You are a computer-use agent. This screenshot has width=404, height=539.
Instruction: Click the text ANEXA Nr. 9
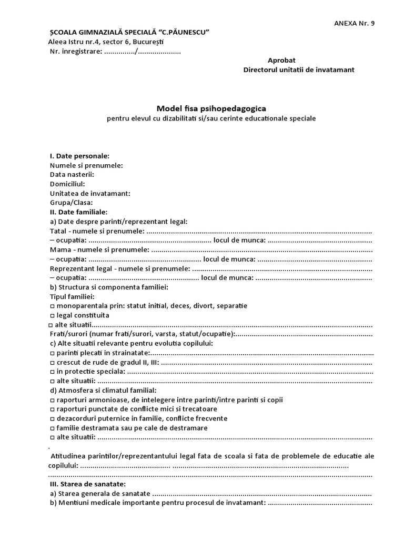click(x=355, y=23)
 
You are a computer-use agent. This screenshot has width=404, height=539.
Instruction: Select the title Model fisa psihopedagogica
click(x=210, y=108)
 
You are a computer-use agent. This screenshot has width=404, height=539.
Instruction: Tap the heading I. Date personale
click(x=79, y=156)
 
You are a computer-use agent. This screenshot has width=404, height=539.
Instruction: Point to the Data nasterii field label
click(x=72, y=175)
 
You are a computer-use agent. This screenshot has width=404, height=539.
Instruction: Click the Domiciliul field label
click(x=67, y=184)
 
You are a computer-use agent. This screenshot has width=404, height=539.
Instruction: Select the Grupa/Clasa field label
click(x=71, y=203)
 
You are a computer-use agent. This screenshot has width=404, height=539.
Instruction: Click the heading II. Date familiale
click(x=78, y=212)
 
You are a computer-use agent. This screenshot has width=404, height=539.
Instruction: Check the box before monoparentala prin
click(x=52, y=306)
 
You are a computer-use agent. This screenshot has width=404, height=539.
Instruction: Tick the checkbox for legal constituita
click(x=52, y=315)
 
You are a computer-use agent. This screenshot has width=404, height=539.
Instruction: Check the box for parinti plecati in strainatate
click(x=52, y=353)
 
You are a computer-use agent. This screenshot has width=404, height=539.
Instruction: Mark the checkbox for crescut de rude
click(x=52, y=363)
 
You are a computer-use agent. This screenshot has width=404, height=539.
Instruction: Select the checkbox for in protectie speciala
click(x=52, y=372)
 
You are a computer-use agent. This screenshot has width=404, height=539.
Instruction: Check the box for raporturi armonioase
click(x=52, y=400)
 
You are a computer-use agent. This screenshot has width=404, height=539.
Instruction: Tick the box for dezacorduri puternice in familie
click(x=52, y=418)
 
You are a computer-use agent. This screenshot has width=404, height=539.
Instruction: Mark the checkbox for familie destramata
click(x=52, y=428)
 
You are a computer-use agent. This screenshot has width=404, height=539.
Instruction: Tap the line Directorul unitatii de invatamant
click(x=298, y=70)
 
